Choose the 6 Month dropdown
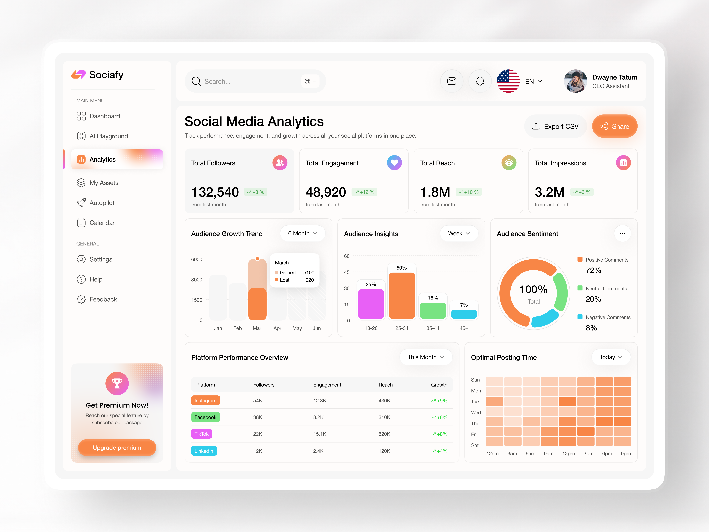pyautogui.click(x=302, y=233)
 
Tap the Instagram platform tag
pyautogui.click(x=205, y=401)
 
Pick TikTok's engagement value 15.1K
pyautogui.click(x=320, y=434)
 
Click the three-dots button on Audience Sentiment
pyautogui.click(x=622, y=233)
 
